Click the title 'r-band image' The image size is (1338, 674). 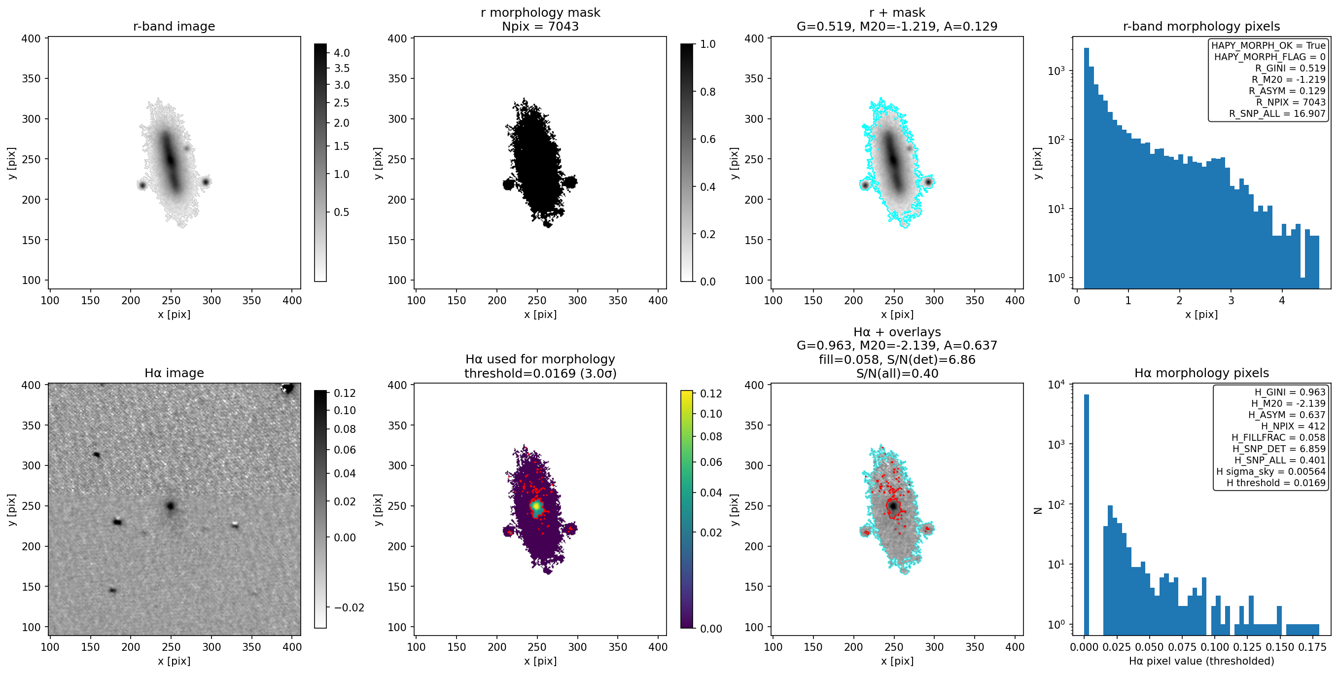point(174,26)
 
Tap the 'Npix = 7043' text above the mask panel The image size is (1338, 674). point(540,26)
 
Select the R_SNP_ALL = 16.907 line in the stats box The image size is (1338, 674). point(1277,113)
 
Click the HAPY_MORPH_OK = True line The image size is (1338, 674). point(1268,45)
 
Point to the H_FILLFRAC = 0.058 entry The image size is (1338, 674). point(1278,437)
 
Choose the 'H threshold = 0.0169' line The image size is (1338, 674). point(1276,483)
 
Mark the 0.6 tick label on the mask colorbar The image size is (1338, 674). point(708,139)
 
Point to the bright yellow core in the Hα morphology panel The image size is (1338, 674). point(535,505)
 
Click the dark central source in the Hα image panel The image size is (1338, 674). point(171,506)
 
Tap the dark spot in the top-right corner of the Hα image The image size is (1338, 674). point(287,388)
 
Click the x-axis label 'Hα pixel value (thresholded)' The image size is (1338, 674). point(1201,661)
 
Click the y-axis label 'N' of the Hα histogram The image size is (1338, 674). point(1038,510)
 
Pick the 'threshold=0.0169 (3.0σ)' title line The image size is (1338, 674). point(540,373)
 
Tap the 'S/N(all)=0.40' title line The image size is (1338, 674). point(897,373)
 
